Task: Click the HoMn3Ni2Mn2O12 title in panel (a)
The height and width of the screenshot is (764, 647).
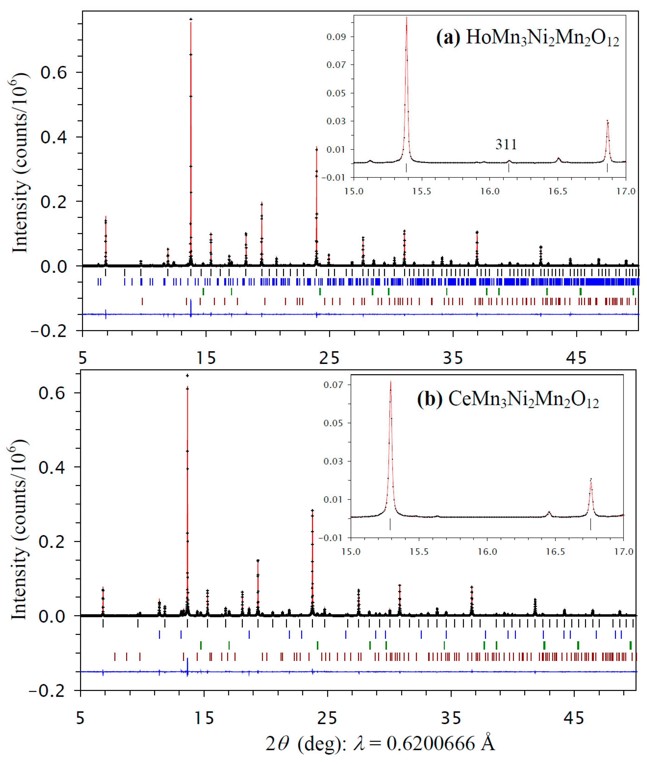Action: pos(542,38)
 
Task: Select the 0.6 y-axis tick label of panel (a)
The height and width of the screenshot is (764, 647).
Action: pos(54,73)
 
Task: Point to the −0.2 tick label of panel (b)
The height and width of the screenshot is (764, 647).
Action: pos(47,691)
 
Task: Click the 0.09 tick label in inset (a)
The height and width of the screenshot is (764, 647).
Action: pos(336,37)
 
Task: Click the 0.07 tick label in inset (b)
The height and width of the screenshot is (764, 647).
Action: pos(333,385)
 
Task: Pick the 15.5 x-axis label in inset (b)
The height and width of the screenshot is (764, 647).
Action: pos(419,552)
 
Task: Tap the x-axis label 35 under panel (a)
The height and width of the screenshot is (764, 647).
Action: pos(453,358)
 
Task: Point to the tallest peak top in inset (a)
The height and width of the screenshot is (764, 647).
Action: pos(406,17)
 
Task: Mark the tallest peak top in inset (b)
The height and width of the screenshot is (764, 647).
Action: pos(391,382)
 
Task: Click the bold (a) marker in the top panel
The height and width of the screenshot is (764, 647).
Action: pos(447,38)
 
